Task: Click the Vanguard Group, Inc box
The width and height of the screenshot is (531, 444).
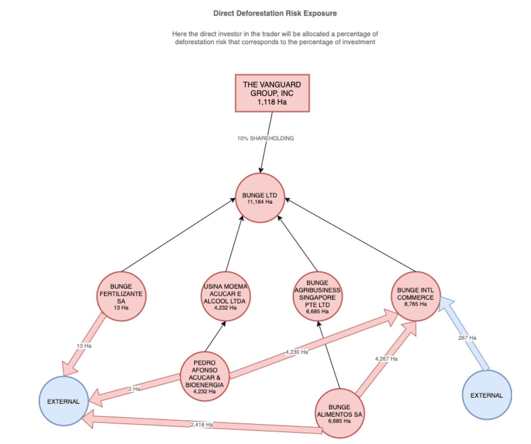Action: point(272,93)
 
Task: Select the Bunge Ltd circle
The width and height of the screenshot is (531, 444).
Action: point(260,198)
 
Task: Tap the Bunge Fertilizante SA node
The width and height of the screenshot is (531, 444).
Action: point(121,296)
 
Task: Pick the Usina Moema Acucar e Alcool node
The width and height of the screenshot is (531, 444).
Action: point(225,296)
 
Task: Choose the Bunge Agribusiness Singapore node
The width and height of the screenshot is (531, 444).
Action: point(317,296)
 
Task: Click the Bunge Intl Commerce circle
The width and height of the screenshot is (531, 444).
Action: point(416,296)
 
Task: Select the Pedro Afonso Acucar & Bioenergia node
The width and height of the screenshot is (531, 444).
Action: point(204,376)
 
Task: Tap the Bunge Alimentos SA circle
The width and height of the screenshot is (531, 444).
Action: point(339,413)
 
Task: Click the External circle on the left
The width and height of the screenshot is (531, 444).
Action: point(64,401)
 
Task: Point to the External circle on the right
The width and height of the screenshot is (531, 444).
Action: point(486,395)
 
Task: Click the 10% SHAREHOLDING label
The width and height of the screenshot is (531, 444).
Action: point(265,138)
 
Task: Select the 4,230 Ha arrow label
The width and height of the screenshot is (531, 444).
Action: point(297,352)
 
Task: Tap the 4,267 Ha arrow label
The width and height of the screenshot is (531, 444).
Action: point(386,359)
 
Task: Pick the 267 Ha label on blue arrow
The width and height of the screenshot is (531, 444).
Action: point(467,338)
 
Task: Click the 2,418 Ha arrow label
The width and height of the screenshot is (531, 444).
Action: point(202,425)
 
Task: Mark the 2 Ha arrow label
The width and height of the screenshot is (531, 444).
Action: point(134,389)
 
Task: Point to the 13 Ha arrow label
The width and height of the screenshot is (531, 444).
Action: point(84,346)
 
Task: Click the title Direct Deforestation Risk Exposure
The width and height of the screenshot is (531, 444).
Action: point(275,14)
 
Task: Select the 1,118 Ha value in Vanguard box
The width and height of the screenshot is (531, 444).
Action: point(272,102)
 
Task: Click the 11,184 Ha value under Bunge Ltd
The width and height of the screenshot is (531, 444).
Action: point(260,202)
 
